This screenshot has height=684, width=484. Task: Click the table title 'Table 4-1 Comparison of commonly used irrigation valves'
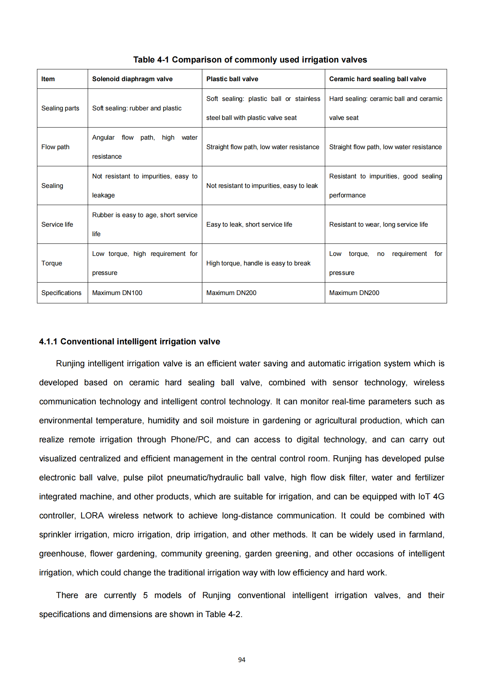pyautogui.click(x=250, y=60)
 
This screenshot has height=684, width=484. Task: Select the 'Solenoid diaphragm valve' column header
pyautogui.click(x=132, y=79)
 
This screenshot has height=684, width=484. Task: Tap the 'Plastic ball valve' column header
pyautogui.click(x=232, y=79)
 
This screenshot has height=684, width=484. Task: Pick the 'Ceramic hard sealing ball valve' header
pyautogui.click(x=377, y=79)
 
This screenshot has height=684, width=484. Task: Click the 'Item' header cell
pyautogui.click(x=48, y=79)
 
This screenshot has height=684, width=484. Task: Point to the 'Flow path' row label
pyautogui.click(x=55, y=147)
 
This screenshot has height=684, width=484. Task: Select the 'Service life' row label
pyautogui.click(x=57, y=224)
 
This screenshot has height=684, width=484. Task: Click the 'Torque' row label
pyautogui.click(x=52, y=263)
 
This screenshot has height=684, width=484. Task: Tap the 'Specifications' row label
pyautogui.click(x=61, y=293)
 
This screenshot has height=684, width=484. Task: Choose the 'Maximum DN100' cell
pyautogui.click(x=117, y=293)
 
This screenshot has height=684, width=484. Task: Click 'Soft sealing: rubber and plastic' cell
pyautogui.click(x=136, y=108)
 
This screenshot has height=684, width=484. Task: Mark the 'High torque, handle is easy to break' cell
pyautogui.click(x=258, y=263)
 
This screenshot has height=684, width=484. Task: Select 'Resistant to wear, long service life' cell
pyautogui.click(x=378, y=224)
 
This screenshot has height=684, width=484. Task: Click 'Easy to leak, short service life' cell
pyautogui.click(x=249, y=224)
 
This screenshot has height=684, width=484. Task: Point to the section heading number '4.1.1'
pyautogui.click(x=48, y=341)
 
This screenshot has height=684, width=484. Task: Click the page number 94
pyautogui.click(x=241, y=660)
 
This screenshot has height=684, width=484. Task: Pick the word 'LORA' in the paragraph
pyautogui.click(x=92, y=515)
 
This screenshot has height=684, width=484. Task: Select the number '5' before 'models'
pyautogui.click(x=145, y=595)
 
